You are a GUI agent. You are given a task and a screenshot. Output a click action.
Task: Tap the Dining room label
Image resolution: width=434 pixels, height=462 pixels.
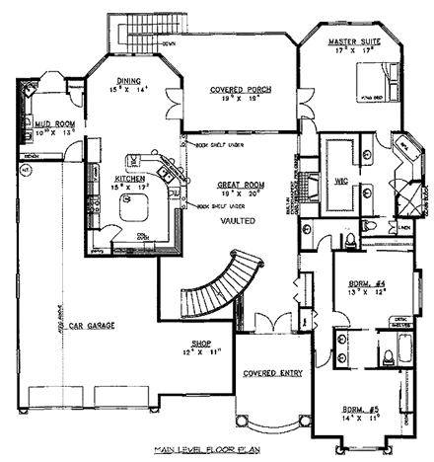128,81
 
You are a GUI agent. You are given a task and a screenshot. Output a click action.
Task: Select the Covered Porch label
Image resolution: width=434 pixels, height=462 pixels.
241,89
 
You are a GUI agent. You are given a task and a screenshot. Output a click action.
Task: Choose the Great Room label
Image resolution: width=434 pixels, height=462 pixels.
239,185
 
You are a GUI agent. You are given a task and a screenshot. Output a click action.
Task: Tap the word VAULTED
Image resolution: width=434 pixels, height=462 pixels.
241,221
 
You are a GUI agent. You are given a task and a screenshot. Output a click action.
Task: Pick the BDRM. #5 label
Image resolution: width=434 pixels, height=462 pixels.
366,409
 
